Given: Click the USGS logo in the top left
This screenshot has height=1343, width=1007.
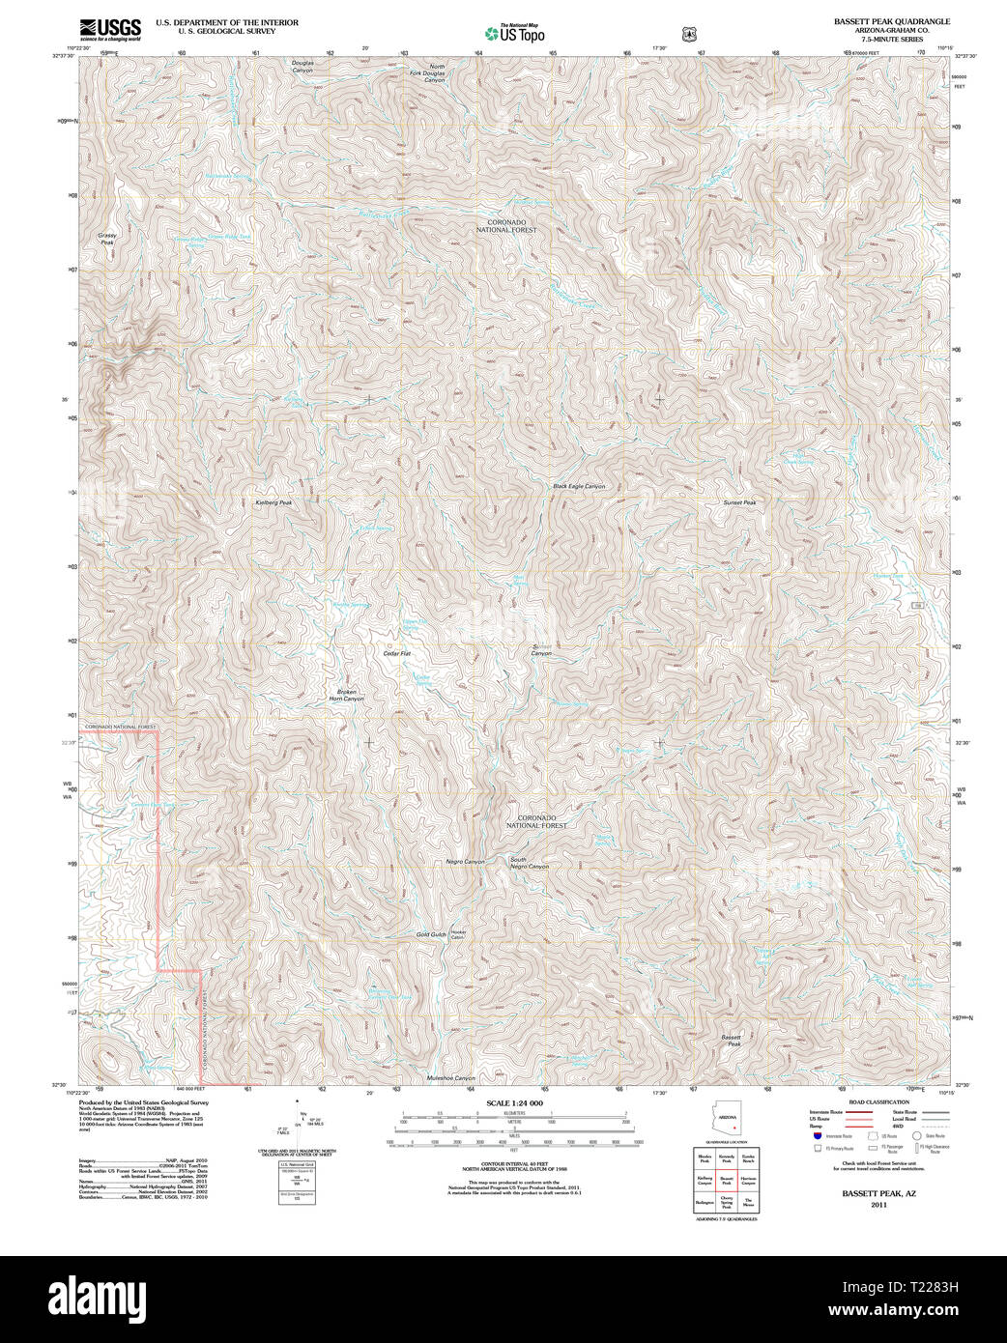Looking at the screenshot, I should (109, 28).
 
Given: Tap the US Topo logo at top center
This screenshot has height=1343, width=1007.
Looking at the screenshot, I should (514, 33).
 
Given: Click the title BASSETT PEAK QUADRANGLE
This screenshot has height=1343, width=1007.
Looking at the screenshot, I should (892, 21).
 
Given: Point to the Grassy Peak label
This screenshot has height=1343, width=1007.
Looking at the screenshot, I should (107, 239).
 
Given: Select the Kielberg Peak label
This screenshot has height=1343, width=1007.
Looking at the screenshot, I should (273, 502).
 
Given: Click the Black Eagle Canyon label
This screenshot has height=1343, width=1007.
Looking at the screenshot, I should (579, 486).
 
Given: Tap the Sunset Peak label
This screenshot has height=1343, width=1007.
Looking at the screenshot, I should (739, 502).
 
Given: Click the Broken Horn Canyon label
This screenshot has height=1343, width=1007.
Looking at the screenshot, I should (346, 695).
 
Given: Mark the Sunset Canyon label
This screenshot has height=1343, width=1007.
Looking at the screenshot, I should (541, 650).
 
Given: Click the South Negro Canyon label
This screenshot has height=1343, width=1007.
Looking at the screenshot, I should (529, 863).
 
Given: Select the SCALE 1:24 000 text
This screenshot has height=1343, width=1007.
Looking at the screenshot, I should (514, 1103).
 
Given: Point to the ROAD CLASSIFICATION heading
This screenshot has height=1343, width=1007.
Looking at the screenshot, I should (879, 1102).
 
